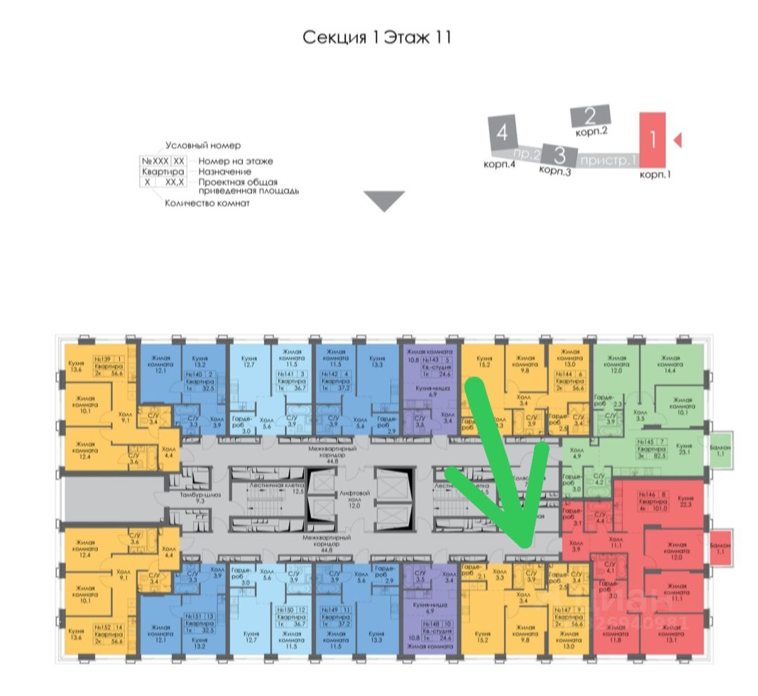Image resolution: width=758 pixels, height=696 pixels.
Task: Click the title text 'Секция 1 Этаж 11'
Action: pos(376,37)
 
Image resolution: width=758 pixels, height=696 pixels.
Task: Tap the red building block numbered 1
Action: pos(652,139)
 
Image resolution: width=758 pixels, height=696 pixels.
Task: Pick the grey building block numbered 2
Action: pos(590,116)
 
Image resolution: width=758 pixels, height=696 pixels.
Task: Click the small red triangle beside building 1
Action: pos(677,140)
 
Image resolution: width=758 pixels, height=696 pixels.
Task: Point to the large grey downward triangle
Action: pos(385,201)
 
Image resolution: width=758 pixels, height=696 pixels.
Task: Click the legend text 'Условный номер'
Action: pos(203,145)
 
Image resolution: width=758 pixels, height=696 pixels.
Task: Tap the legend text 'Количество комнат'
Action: pos(207,203)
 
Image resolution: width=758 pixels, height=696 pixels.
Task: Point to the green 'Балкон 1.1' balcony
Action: pos(721,450)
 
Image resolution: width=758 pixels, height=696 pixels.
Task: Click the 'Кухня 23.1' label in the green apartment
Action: pos(685,450)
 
